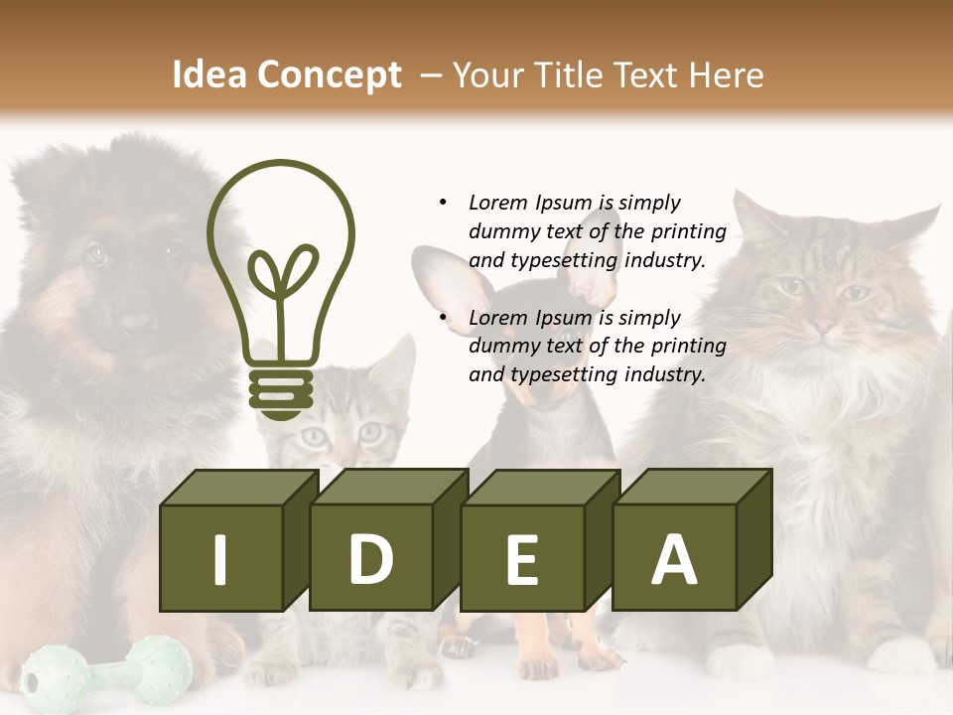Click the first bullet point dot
443,203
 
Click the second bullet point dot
443,318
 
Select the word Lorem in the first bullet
499,203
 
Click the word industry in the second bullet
664,374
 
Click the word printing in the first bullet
690,231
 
